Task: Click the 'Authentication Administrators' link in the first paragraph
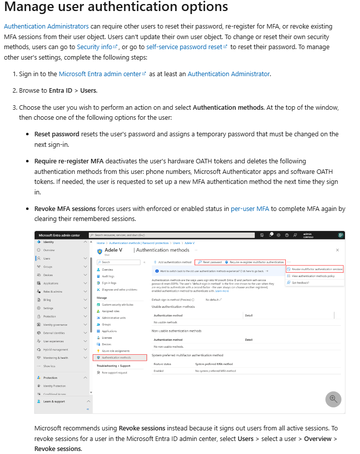coord(46,26)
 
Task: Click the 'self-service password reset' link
coord(184,47)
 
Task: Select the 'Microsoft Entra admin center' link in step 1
coord(100,74)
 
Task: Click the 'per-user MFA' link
coord(250,208)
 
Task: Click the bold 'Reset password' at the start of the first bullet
coord(57,134)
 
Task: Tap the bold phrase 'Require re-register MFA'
coord(69,161)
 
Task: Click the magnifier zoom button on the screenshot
coord(333,399)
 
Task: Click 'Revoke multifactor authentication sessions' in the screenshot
coord(317,269)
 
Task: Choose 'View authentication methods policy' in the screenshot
coord(313,276)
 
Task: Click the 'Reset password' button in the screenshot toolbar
coord(210,262)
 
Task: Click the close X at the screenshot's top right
coord(337,250)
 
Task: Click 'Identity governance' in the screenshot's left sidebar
coord(55,325)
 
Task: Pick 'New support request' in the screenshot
coord(114,373)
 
